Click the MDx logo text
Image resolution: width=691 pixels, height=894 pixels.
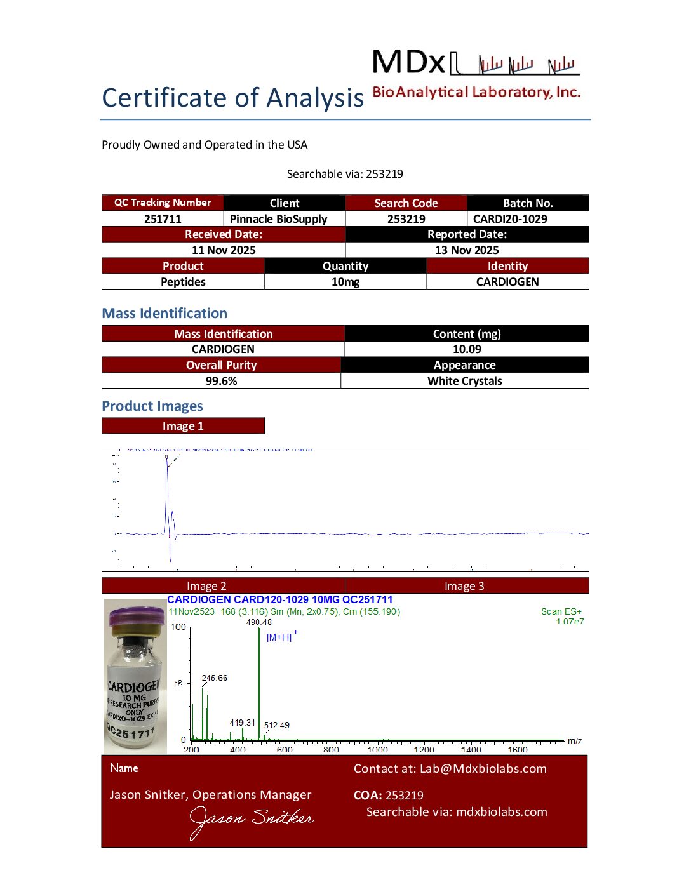point(410,63)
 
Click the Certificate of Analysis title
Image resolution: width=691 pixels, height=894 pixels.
point(232,98)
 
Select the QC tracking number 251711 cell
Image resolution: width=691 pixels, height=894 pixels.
point(163,219)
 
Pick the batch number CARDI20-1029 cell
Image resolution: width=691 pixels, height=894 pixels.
point(510,219)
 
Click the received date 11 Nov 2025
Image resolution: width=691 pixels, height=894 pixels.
point(224,250)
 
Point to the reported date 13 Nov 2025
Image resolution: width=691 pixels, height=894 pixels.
point(467,250)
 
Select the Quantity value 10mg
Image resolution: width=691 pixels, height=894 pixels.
point(345,282)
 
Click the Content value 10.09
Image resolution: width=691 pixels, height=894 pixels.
point(467,349)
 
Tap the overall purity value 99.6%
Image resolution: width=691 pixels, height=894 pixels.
point(221,381)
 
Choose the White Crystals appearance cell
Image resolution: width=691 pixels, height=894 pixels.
point(464,381)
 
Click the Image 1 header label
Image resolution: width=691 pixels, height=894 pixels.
point(183,426)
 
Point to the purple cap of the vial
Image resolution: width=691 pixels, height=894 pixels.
point(137,617)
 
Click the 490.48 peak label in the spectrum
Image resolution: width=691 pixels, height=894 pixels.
point(259,622)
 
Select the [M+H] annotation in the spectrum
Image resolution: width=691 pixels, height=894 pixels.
point(279,637)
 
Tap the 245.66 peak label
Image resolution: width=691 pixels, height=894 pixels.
point(215,678)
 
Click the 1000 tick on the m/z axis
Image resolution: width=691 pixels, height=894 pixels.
point(377,750)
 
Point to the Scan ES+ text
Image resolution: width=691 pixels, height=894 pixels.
point(561,611)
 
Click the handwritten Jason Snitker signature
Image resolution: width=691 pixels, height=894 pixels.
point(252,820)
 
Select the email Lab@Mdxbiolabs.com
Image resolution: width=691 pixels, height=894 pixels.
point(483,769)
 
